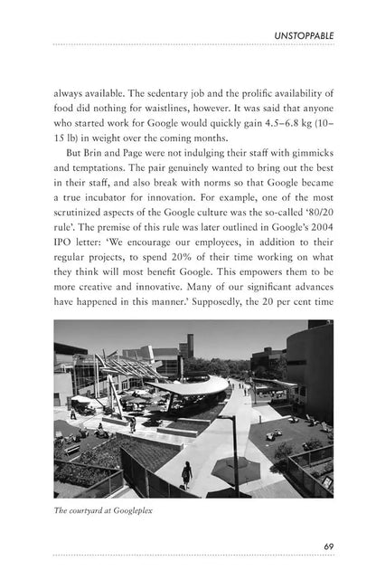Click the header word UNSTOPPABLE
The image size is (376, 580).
pos(305,35)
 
